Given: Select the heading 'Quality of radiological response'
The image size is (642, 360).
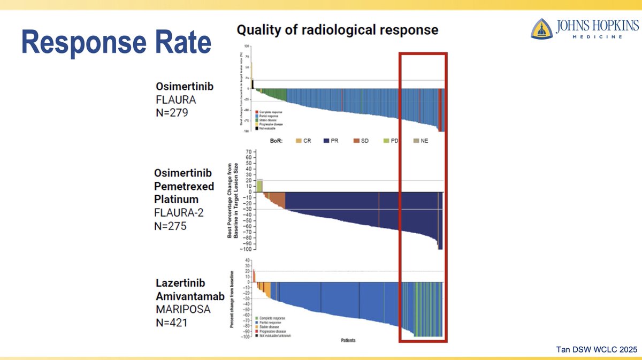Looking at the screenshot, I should (x=338, y=30).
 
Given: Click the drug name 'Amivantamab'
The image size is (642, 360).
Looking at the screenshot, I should (x=190, y=296).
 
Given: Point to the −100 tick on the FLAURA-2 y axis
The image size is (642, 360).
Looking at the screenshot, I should (x=247, y=249).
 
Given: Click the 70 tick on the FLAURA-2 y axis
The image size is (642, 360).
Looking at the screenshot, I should (x=249, y=152).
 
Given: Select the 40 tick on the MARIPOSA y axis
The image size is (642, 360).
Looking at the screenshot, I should (x=248, y=260).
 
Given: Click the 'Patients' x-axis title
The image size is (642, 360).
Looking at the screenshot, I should (x=348, y=340).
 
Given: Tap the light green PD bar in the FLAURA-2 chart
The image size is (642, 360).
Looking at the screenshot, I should (x=259, y=186).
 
